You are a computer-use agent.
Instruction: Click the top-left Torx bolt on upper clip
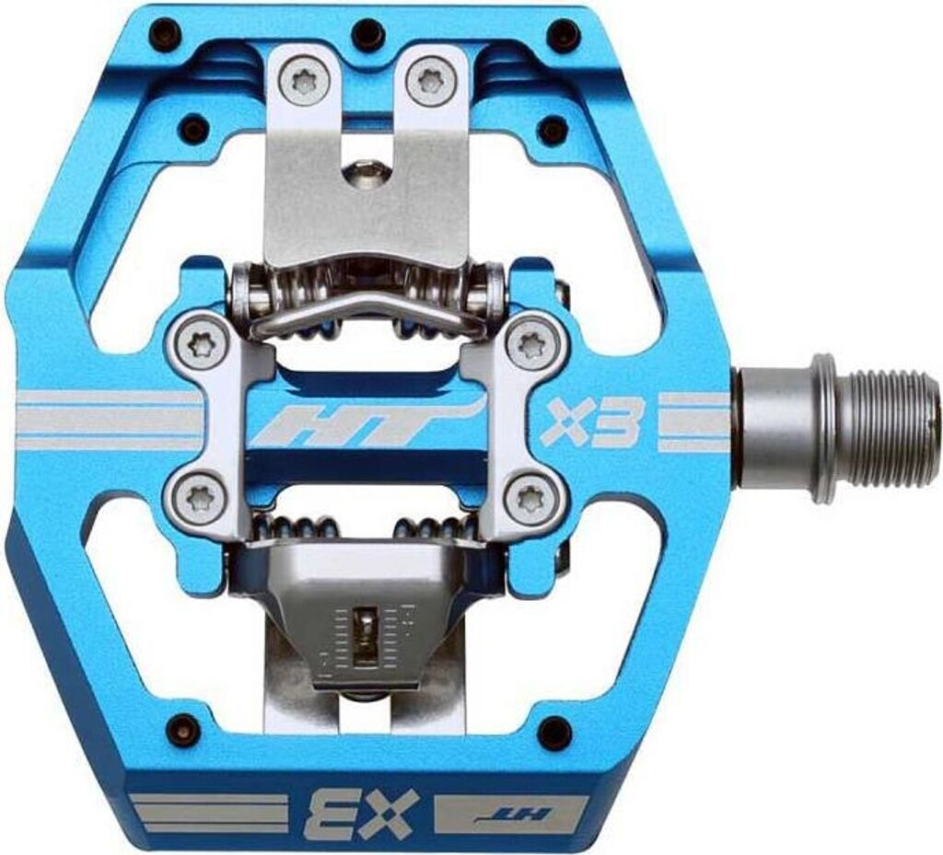[x=306, y=83]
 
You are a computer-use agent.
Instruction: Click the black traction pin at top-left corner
[x=165, y=35]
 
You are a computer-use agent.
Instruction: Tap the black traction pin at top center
[x=368, y=34]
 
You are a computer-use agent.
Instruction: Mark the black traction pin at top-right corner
[x=563, y=35]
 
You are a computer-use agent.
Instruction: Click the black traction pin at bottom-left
[x=183, y=729]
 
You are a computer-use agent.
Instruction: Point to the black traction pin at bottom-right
[x=553, y=733]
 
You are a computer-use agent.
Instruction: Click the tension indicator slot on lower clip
[x=366, y=635]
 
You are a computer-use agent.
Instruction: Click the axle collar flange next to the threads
[x=822, y=429]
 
